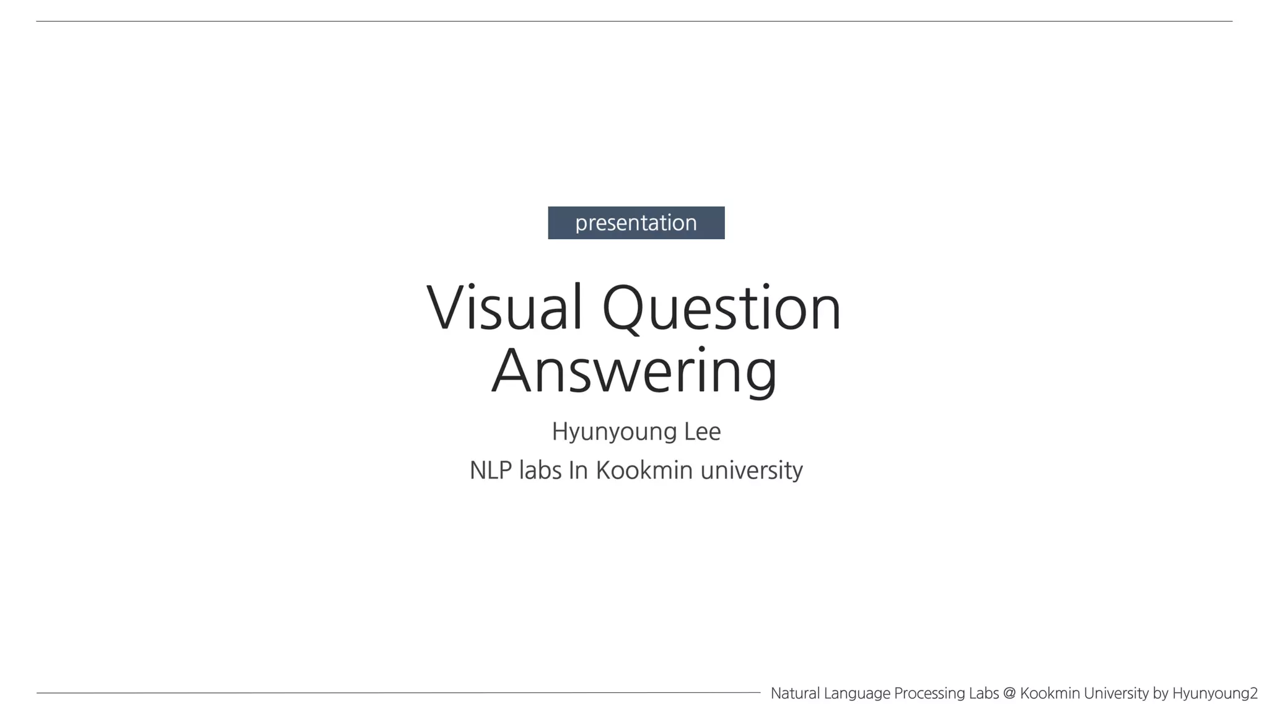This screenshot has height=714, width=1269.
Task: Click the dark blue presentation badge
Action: tap(636, 223)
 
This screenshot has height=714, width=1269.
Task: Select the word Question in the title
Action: tap(721, 308)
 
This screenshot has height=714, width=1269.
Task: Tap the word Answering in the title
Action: tap(634, 371)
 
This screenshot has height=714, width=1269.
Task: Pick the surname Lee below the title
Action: tap(702, 432)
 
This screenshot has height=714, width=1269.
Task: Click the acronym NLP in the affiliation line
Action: tap(491, 470)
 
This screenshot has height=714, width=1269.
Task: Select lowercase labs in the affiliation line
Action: tap(540, 470)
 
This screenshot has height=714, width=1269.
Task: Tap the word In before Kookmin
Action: tap(578, 470)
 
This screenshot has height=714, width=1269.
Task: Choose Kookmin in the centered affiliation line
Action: tap(644, 470)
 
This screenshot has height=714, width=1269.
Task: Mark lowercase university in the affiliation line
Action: tap(752, 470)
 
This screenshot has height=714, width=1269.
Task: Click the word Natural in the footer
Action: tap(795, 693)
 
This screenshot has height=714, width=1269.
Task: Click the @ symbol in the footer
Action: tap(1009, 693)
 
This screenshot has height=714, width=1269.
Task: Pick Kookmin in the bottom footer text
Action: tap(1050, 693)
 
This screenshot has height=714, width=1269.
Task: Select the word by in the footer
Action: tap(1161, 694)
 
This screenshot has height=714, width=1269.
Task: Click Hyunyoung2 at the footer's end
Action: tap(1214, 694)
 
